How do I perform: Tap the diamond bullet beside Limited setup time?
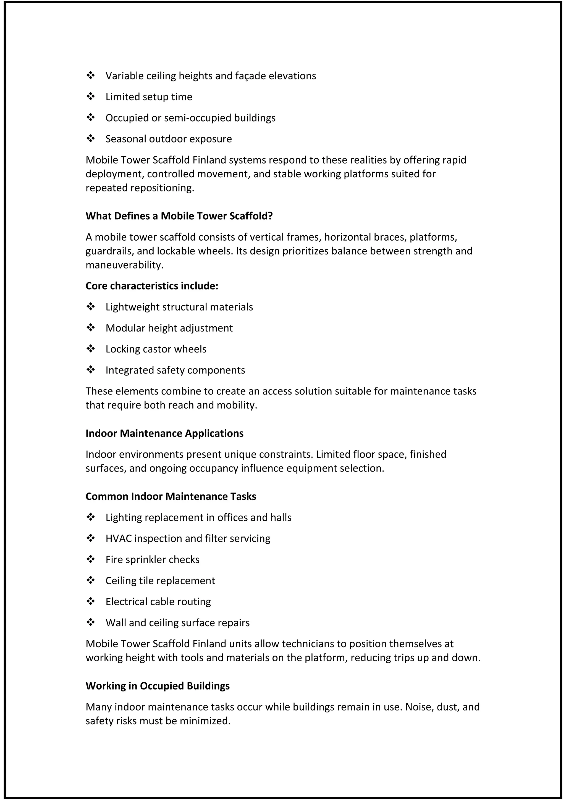pyautogui.click(x=91, y=96)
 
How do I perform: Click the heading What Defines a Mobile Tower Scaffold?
pyautogui.click(x=179, y=216)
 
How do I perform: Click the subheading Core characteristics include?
pyautogui.click(x=152, y=286)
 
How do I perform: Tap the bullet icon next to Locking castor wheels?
pyautogui.click(x=91, y=349)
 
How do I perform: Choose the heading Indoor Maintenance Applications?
pyautogui.click(x=164, y=433)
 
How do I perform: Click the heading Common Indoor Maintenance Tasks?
pyautogui.click(x=171, y=496)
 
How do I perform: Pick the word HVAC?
pyautogui.click(x=119, y=539)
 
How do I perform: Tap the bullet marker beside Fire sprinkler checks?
pyautogui.click(x=91, y=559)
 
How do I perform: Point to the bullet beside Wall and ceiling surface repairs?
pyautogui.click(x=91, y=622)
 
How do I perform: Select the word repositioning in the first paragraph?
pyautogui.click(x=162, y=188)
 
